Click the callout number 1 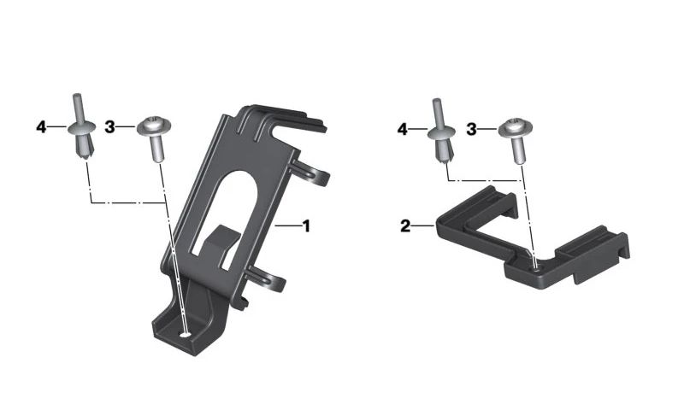click(x=306, y=226)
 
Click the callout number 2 click(x=405, y=226)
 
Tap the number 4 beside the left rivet click(x=41, y=127)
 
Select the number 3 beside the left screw click(x=109, y=127)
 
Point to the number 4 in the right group click(x=402, y=130)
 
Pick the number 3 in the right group click(x=471, y=130)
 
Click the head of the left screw click(x=154, y=126)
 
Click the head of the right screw click(x=516, y=127)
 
